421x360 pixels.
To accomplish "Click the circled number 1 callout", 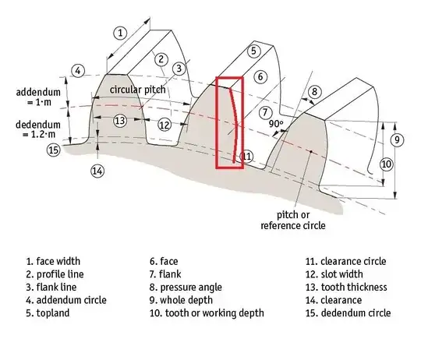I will click(x=119, y=33).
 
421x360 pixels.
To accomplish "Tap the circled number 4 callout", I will click(x=78, y=69).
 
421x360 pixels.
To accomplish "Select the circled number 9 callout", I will click(x=397, y=139).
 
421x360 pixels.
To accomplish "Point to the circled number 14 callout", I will click(x=97, y=171).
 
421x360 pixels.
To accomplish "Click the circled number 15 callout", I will click(x=53, y=150).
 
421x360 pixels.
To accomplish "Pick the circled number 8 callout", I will click(x=313, y=92).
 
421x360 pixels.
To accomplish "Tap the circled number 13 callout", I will click(x=119, y=121).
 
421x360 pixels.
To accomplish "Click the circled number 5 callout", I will click(x=253, y=51).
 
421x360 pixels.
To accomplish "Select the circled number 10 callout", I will click(x=386, y=164).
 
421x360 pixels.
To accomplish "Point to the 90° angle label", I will click(x=274, y=123).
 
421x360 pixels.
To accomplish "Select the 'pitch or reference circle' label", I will click(x=292, y=220).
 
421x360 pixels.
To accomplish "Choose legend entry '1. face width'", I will click(x=64, y=261).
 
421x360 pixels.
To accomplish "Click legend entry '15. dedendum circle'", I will click(x=348, y=313).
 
